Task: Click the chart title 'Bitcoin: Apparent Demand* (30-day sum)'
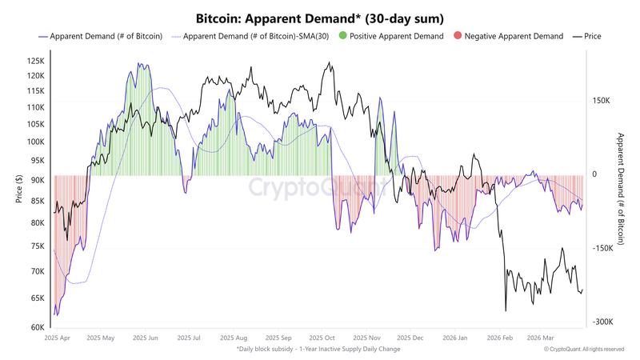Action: [320, 18]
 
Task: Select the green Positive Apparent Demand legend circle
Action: [343, 37]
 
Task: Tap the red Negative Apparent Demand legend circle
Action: [457, 37]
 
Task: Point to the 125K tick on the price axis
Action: [35, 61]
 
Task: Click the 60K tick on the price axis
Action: [38, 327]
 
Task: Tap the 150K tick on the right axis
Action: [602, 101]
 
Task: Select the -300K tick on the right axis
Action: [602, 322]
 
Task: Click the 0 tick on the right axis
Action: [594, 174]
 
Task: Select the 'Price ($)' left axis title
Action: [18, 189]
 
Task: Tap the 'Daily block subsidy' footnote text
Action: [318, 350]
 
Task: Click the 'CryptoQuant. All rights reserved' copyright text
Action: [583, 350]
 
